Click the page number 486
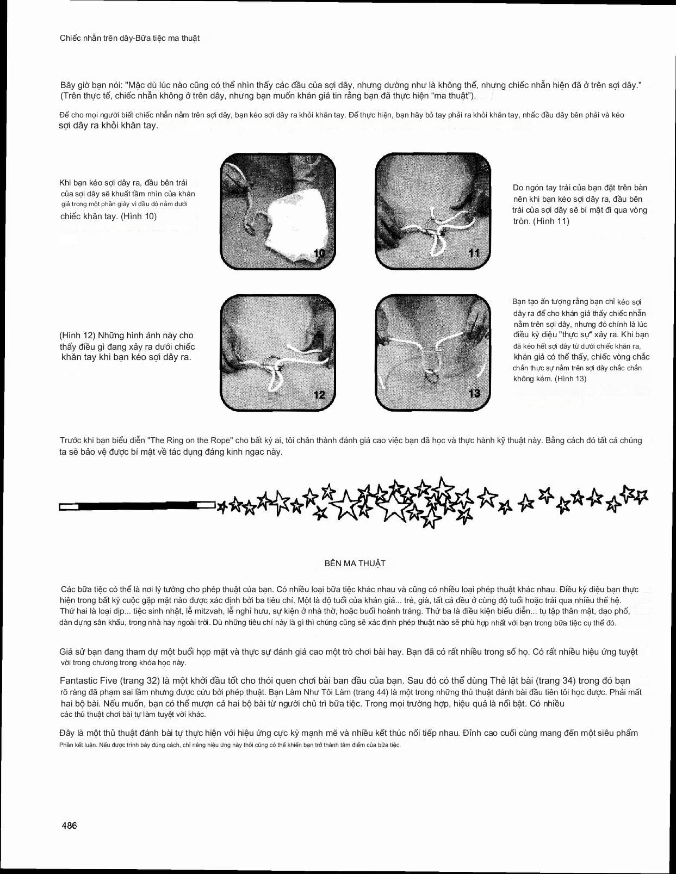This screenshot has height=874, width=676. [69, 825]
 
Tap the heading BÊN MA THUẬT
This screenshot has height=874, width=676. [355, 563]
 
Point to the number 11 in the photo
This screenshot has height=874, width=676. [474, 253]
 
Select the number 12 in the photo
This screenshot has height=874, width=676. [319, 394]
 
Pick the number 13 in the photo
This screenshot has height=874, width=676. [474, 393]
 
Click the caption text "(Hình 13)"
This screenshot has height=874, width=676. [570, 379]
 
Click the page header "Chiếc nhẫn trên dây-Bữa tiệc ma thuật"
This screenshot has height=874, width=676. [129, 38]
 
